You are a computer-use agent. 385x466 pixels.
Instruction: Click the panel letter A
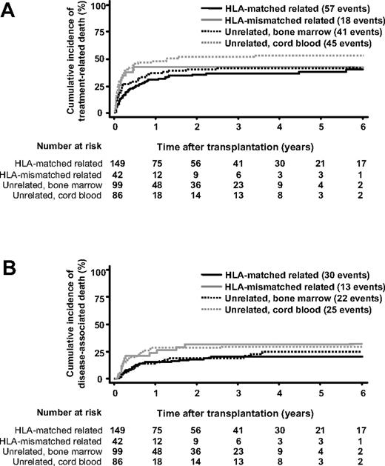pos(10,13)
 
